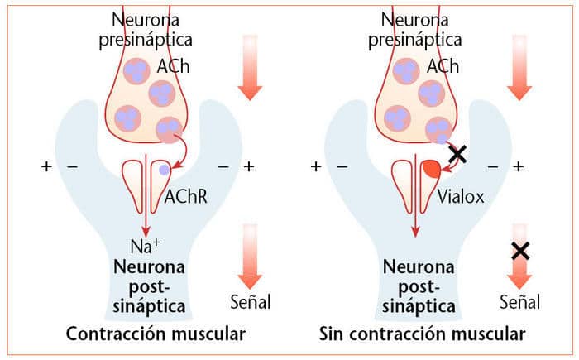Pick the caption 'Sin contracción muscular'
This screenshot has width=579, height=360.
422,335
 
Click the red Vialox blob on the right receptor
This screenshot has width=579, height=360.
431,169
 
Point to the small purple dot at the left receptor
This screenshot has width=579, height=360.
164,169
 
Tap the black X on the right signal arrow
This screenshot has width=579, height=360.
520,251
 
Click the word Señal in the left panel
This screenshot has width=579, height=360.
249,302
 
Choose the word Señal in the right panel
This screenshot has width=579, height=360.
519,302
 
